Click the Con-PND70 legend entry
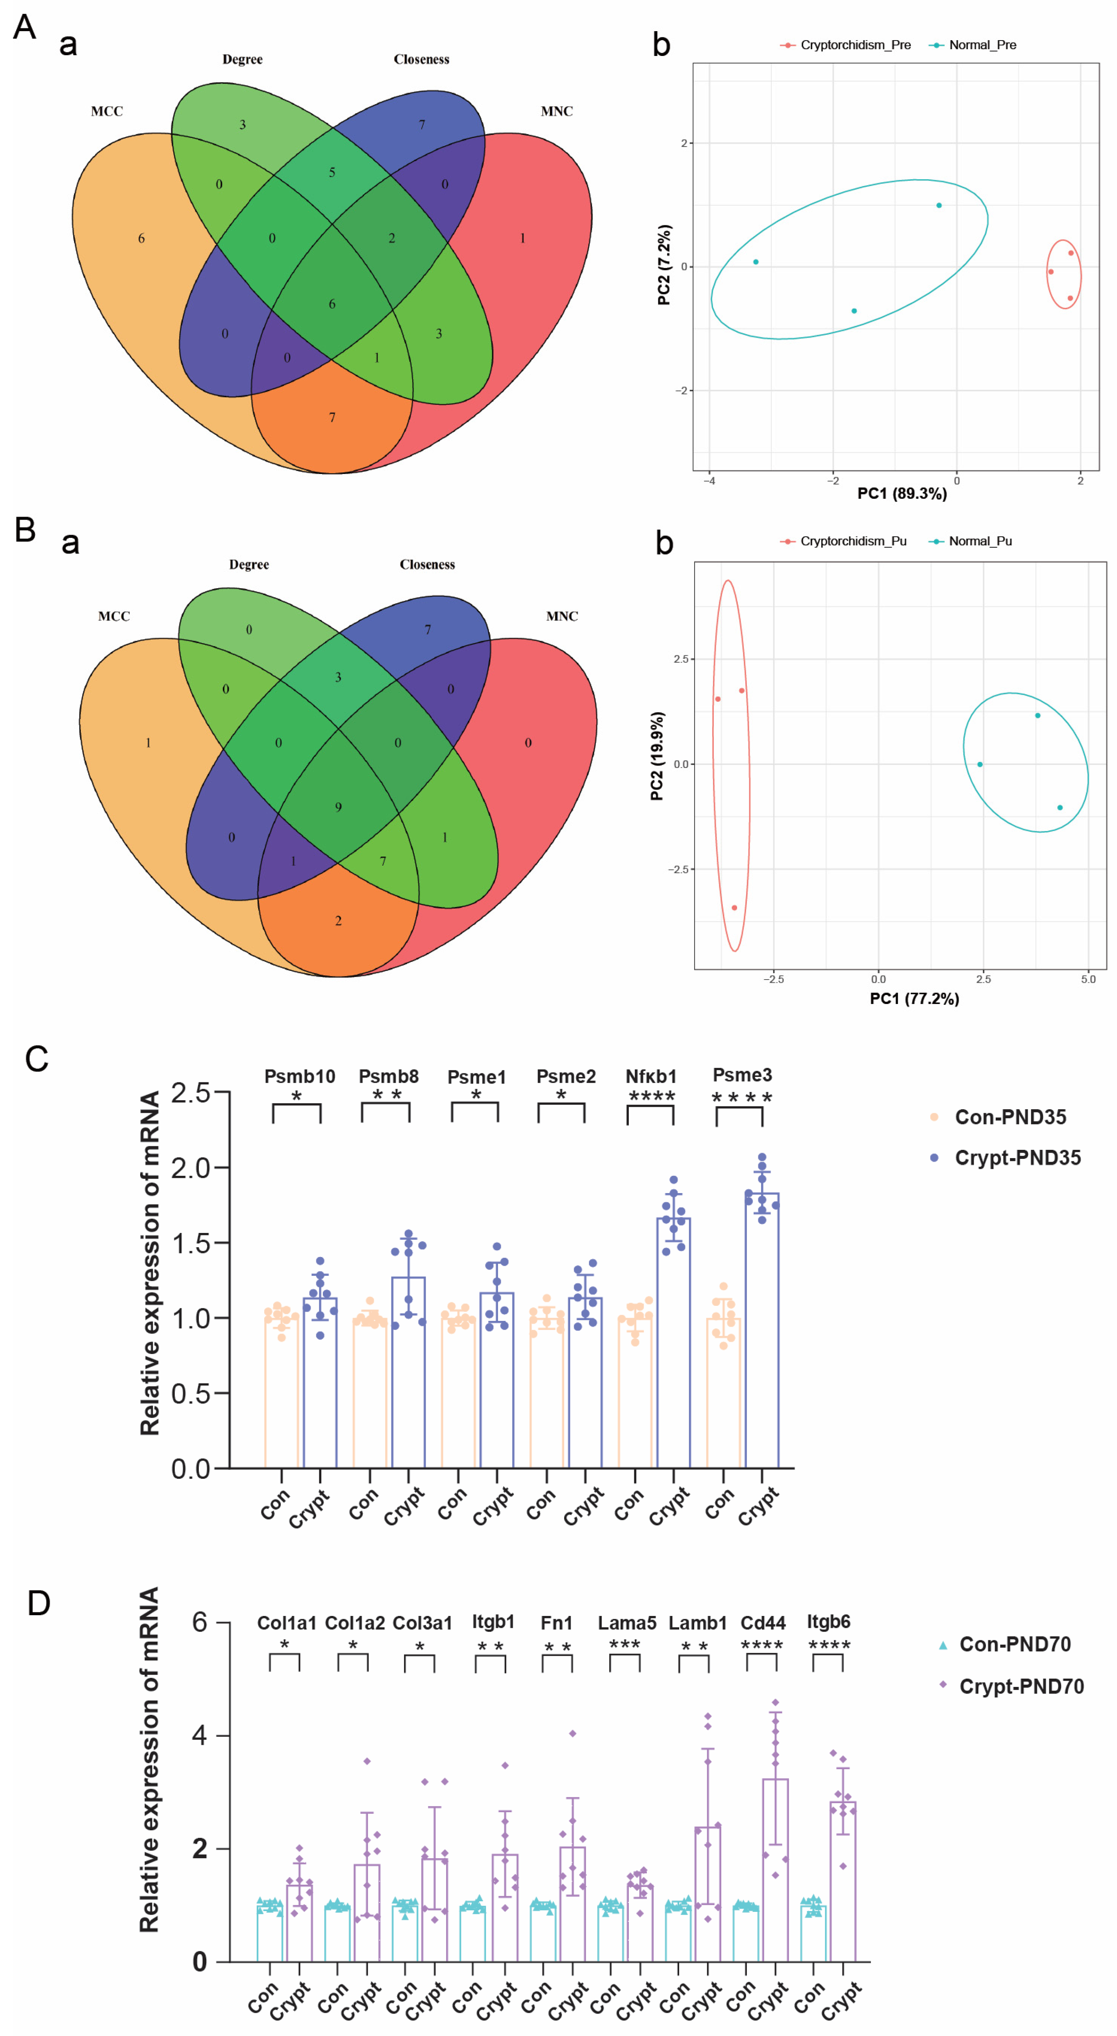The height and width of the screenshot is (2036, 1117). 1014,1644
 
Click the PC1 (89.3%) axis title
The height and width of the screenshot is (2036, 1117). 901,494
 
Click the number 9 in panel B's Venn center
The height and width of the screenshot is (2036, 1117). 338,807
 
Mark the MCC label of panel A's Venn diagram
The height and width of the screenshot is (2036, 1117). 107,112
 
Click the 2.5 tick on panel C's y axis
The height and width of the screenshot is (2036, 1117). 191,1093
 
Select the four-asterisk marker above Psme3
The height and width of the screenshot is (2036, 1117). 741,1098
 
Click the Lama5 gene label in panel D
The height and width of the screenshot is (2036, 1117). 626,1623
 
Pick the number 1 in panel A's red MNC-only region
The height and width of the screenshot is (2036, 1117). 522,238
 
